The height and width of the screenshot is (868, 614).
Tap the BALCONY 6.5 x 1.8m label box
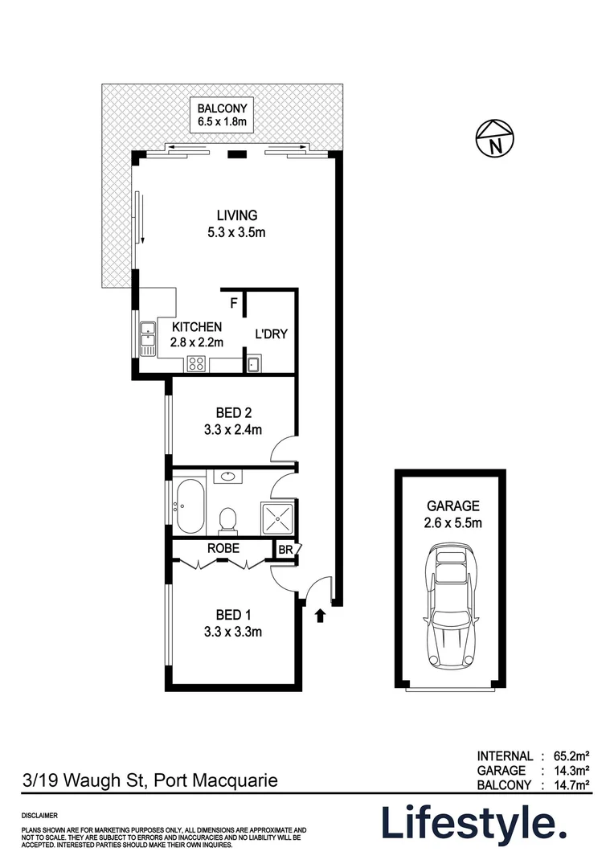click(221, 115)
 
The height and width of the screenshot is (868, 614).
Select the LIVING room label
click(236, 224)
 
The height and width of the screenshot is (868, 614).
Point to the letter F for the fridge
click(234, 303)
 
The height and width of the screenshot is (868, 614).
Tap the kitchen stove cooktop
click(197, 364)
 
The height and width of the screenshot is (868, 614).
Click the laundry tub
click(253, 365)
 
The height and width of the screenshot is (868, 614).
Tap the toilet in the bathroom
click(228, 519)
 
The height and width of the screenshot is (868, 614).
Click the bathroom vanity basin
click(228, 477)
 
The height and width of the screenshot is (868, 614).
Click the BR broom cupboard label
click(284, 550)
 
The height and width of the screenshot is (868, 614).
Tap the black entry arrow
click(320, 616)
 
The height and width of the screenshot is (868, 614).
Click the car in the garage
click(451, 606)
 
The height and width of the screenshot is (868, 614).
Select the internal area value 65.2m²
click(572, 755)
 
